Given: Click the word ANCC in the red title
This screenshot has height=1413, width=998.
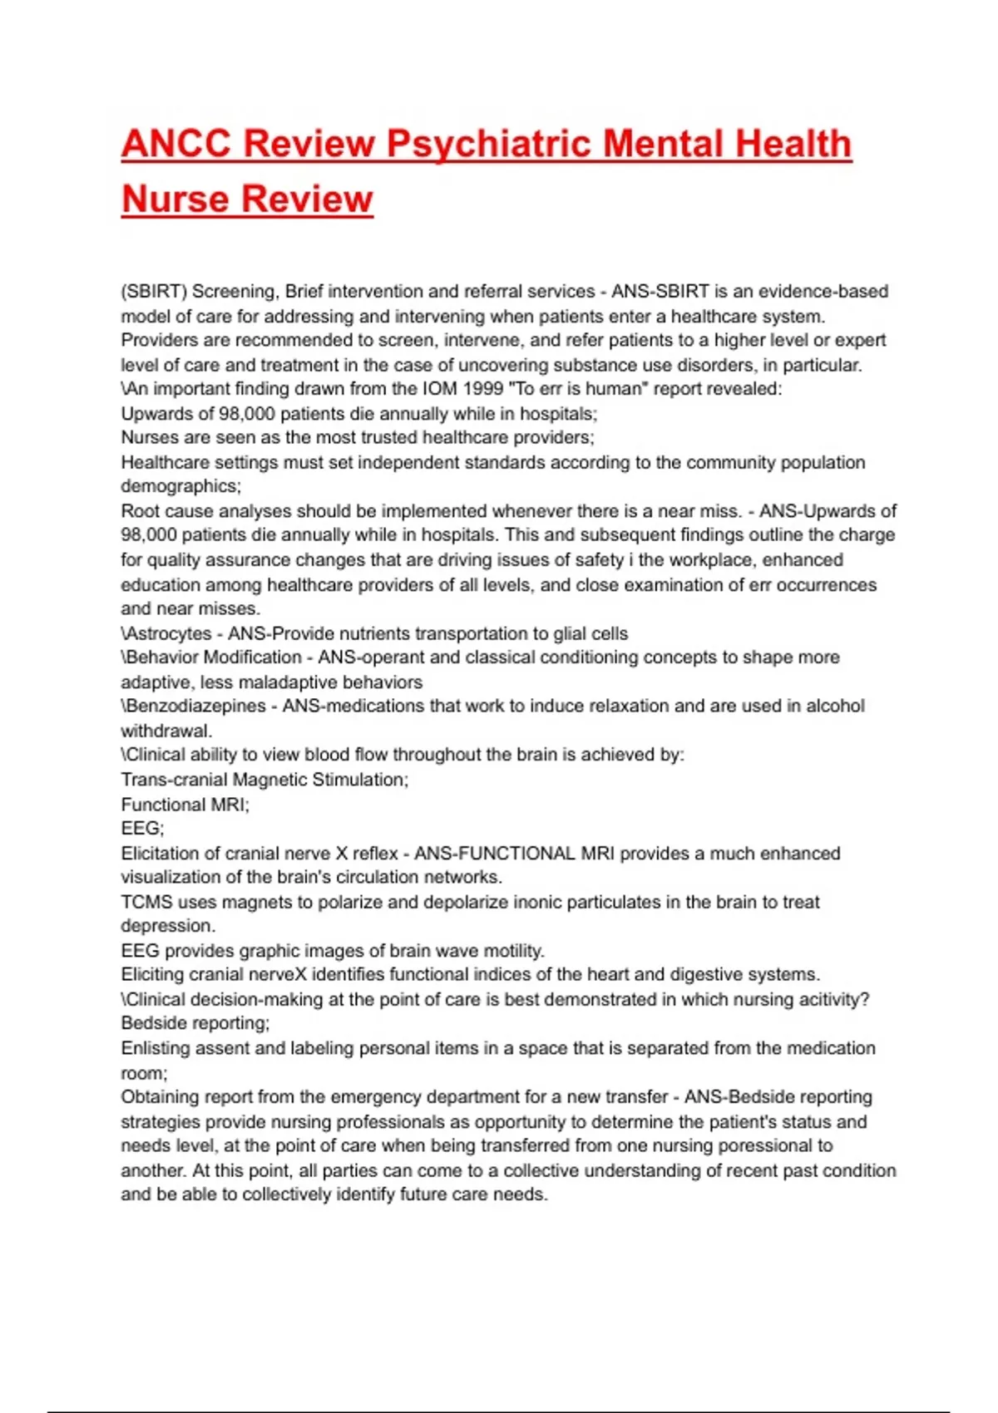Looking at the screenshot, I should (176, 144).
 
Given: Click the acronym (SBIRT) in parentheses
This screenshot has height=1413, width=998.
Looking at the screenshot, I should (154, 292).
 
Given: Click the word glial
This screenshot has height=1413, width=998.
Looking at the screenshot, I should (571, 633).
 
